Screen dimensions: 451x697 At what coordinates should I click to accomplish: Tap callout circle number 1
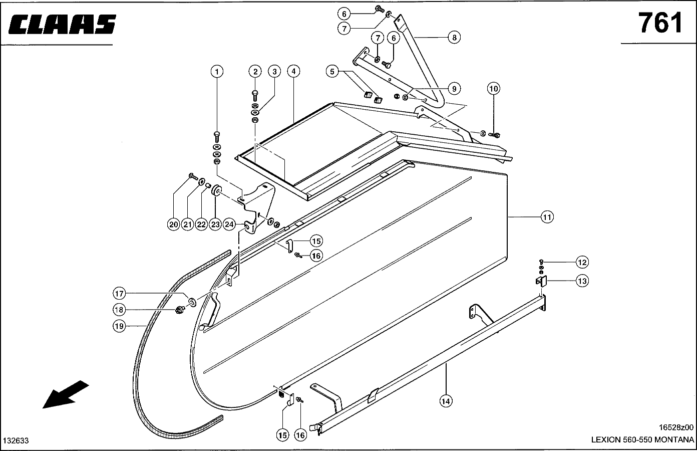[x=217, y=72]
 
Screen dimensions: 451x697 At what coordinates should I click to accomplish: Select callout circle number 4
[x=293, y=72]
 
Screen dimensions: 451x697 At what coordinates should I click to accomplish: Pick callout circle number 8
[x=454, y=37]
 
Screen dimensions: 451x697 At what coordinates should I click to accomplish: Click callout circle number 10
[x=494, y=89]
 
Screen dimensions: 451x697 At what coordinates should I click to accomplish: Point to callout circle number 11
[x=547, y=217]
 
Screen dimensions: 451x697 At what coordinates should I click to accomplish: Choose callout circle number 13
[x=582, y=281]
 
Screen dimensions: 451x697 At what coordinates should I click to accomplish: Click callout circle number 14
[x=446, y=400]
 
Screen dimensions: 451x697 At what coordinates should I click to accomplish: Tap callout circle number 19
[x=119, y=326]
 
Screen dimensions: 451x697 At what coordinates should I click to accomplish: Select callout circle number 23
[x=215, y=224]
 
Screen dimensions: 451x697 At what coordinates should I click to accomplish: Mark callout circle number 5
[x=332, y=72]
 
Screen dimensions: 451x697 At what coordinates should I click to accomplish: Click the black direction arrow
[x=66, y=394]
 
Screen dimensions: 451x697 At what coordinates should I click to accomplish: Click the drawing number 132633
[x=16, y=441]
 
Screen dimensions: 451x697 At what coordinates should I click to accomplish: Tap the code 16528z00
[x=676, y=427]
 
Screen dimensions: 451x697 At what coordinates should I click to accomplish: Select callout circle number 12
[x=582, y=262]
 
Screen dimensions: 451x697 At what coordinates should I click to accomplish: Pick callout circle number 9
[x=454, y=89]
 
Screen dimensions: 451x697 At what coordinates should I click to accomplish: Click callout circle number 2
[x=255, y=72]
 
